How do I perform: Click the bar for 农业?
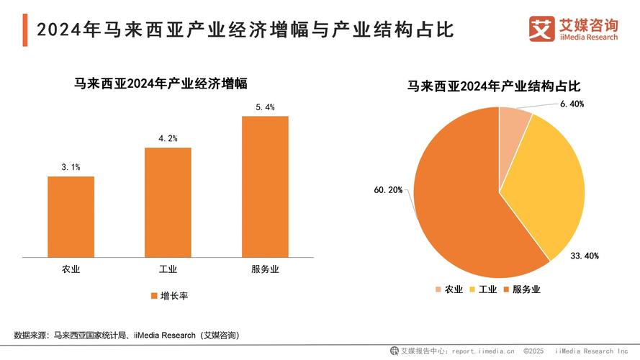click(71, 215)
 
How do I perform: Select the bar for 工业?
click(168, 201)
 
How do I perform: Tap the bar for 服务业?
click(265, 185)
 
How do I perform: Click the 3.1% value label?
click(71, 167)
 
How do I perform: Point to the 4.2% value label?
click(168, 138)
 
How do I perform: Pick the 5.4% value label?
click(265, 107)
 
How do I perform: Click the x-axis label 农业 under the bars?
click(71, 269)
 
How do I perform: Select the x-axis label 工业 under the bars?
click(168, 269)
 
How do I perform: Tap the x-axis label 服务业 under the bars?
click(265, 269)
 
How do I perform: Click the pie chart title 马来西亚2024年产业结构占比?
click(494, 86)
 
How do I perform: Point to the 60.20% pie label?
click(388, 190)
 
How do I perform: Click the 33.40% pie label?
click(585, 256)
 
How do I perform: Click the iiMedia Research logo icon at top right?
click(541, 29)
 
